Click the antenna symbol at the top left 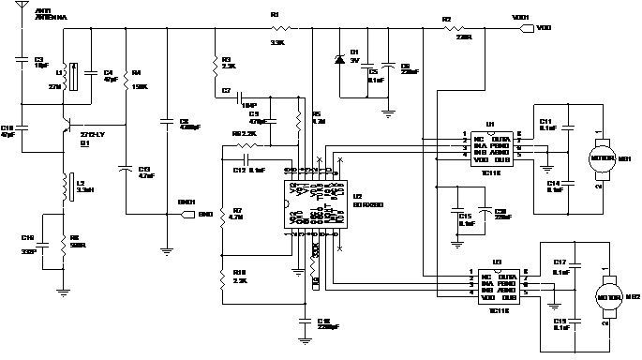[23, 21]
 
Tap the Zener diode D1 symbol [340, 59]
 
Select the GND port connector [184, 214]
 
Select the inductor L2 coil [66, 187]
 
